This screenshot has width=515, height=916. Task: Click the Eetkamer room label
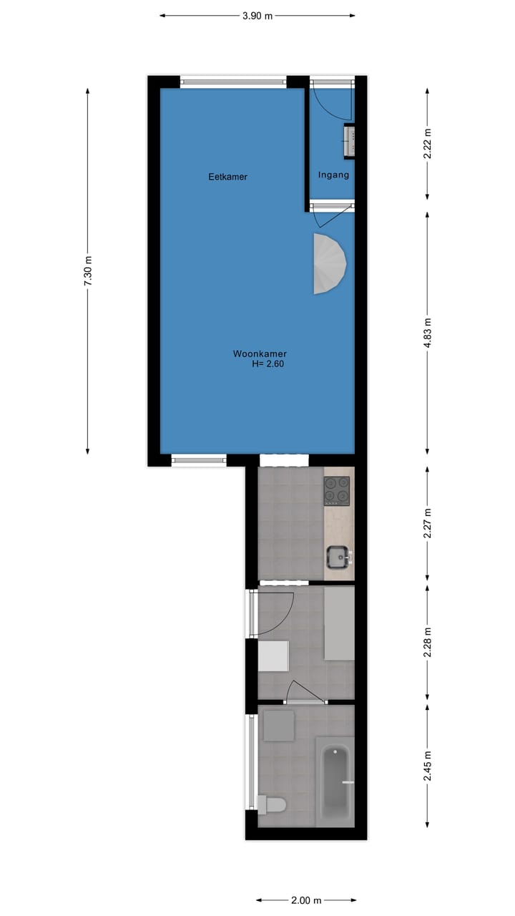[x=227, y=177]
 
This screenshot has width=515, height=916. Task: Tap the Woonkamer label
[x=260, y=354]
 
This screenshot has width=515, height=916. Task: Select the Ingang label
[x=333, y=175]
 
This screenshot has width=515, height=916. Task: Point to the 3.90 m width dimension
[x=257, y=15]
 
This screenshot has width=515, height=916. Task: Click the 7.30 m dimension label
[x=88, y=271]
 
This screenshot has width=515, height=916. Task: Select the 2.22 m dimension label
[x=428, y=144]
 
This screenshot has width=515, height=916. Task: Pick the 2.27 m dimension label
[x=428, y=523]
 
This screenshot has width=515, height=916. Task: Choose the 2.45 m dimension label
[x=428, y=764]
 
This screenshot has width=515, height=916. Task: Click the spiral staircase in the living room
[x=330, y=263]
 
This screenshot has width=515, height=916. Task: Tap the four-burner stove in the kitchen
[x=338, y=490]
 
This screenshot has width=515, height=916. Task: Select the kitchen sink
[x=338, y=556]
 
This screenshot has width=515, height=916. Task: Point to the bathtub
[x=335, y=783]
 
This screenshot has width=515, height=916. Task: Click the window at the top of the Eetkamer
[x=233, y=82]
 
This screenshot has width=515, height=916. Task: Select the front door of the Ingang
[x=333, y=100]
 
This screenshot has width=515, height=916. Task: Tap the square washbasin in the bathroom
[x=278, y=725]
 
